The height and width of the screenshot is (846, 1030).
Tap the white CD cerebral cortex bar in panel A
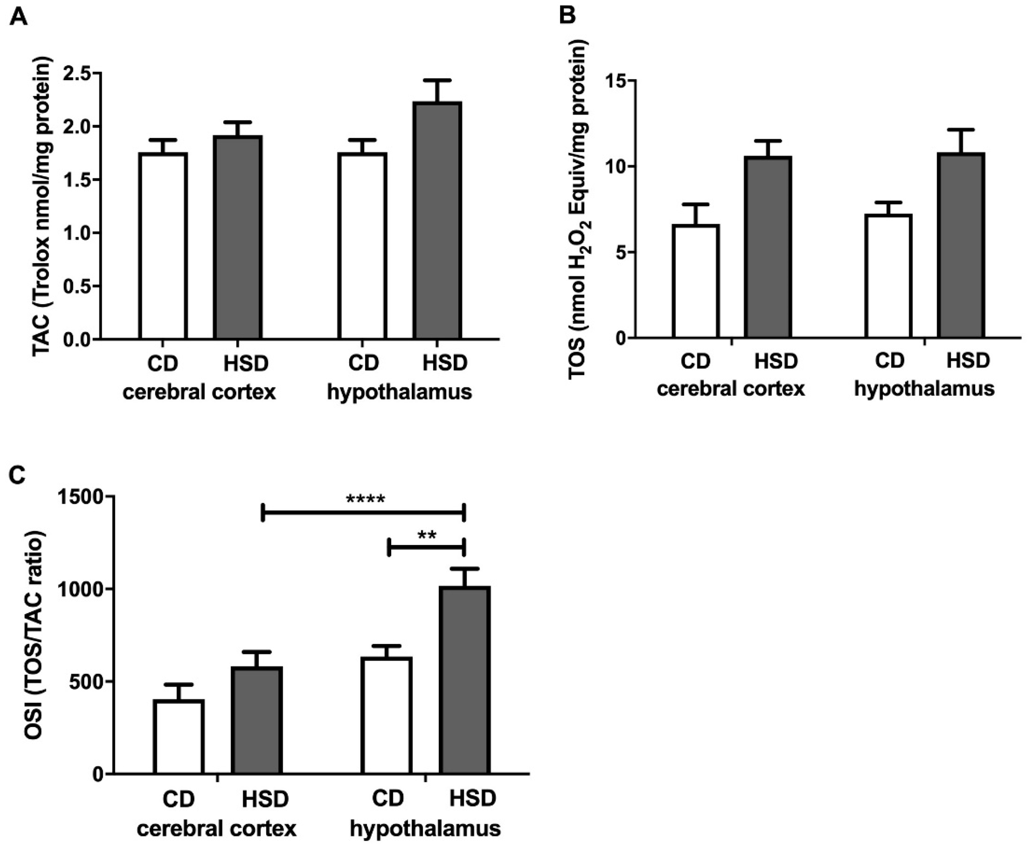point(163,246)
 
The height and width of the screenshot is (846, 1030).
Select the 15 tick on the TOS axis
point(615,80)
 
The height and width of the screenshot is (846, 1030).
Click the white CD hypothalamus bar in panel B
point(888,276)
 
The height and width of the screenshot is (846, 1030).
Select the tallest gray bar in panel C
point(464,680)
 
